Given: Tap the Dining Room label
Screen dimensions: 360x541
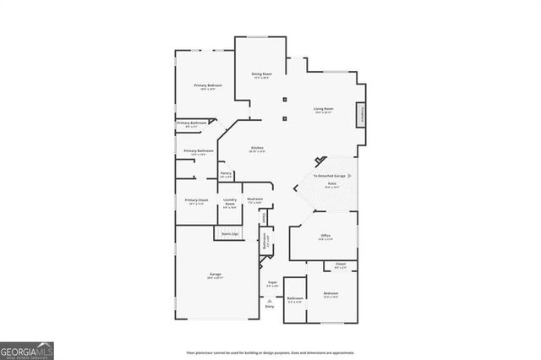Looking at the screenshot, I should tap(261, 74).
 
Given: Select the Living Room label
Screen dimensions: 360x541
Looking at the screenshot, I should tap(324, 109).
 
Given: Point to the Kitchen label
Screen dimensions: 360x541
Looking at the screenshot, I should tap(257, 149).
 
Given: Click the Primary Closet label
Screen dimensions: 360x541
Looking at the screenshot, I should tap(195, 200).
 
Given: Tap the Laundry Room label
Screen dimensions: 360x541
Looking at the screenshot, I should tap(229, 200).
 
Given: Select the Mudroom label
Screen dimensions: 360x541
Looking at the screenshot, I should tap(254, 199).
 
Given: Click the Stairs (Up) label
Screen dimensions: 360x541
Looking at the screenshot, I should tap(228, 233).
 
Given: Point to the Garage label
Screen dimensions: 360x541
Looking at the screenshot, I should tap(216, 275).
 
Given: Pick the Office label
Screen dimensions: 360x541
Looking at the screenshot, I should tap(325, 236).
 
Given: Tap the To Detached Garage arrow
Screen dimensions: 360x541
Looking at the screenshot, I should tap(350, 176).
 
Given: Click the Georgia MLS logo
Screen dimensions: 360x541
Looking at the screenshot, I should tap(27, 350).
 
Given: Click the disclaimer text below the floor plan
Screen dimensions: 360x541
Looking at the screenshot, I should tap(270, 352).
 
